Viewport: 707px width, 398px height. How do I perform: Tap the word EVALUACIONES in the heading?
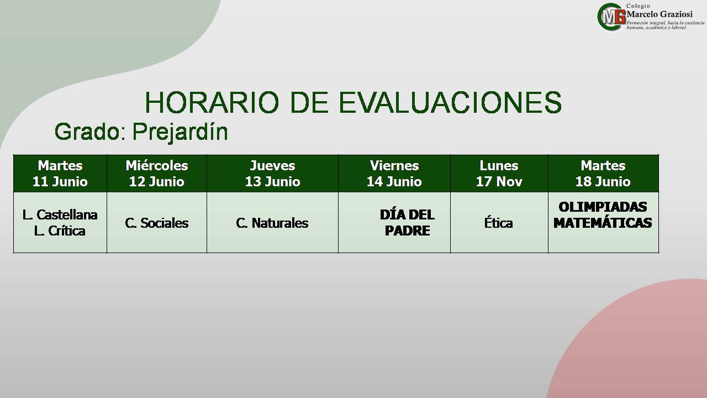450,102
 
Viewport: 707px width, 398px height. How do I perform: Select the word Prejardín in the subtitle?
180,132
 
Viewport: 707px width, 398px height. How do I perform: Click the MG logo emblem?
611,17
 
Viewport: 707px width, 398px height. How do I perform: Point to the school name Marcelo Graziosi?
659,14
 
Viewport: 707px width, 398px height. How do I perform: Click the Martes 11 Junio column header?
60,174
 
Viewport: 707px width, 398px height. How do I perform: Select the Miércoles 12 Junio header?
157,174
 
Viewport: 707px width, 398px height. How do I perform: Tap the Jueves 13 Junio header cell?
273,174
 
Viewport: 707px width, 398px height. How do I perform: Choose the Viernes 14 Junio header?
394,174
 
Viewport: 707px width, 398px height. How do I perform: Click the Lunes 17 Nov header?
499,174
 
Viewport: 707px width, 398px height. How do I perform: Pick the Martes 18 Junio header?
603,174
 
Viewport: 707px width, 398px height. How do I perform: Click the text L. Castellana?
60,215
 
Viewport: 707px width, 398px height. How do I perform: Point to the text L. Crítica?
60,231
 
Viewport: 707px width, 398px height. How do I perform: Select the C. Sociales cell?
157,223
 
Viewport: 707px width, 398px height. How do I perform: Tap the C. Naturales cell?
272,223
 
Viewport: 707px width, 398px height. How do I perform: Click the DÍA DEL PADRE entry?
407,223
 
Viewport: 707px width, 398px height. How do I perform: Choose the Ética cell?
498,222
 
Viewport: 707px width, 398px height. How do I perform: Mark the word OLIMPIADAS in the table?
603,207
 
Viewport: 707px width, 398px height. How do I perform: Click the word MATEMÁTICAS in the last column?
603,223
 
